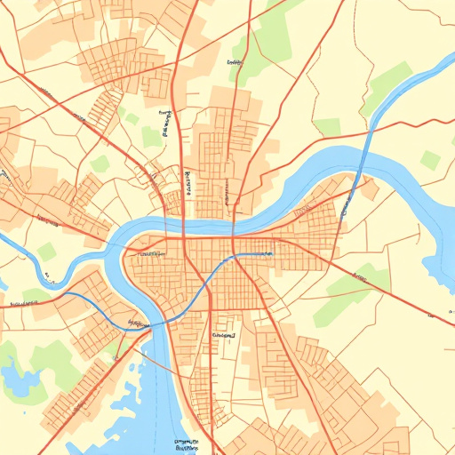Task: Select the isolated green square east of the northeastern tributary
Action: tap(431, 160)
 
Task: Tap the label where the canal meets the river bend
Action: tap(138, 323)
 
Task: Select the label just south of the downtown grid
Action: tap(223, 337)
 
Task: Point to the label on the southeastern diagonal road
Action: tap(359, 278)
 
